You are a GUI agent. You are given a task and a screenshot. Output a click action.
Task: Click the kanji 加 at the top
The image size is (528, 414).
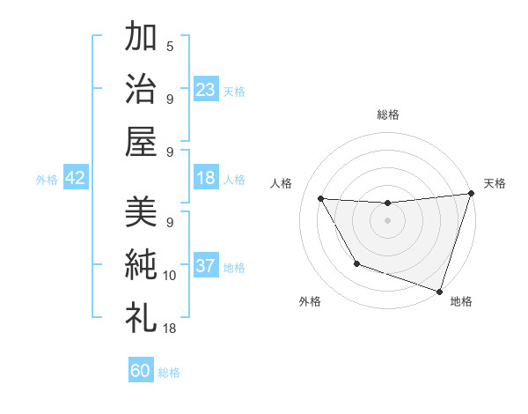pyautogui.click(x=141, y=37)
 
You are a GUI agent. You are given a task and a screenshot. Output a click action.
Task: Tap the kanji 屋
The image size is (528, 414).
pyautogui.click(x=141, y=141)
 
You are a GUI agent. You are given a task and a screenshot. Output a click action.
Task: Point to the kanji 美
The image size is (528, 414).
pyautogui.click(x=141, y=211)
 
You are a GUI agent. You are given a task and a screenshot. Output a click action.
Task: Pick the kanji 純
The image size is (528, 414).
pyautogui.click(x=141, y=264)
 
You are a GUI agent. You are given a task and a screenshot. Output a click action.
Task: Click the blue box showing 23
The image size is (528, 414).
pyautogui.click(x=206, y=90)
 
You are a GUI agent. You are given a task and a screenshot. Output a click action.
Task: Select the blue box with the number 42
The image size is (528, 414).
pyautogui.click(x=76, y=178)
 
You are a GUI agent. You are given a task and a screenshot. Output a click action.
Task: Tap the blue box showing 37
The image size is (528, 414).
pyautogui.click(x=206, y=266)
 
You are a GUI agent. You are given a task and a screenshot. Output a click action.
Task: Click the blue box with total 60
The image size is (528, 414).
pyautogui.click(x=141, y=371)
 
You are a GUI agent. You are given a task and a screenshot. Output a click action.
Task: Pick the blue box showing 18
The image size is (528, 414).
pyautogui.click(x=206, y=178)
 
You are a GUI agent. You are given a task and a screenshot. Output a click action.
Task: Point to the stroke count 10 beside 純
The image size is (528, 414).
pyautogui.click(x=170, y=276)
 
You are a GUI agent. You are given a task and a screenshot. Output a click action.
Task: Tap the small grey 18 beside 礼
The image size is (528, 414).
pyautogui.click(x=170, y=329)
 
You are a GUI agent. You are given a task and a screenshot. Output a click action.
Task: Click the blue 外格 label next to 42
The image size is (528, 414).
pyautogui.click(x=47, y=180)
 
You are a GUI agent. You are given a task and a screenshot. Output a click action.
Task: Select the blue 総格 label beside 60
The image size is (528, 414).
pyautogui.click(x=169, y=373)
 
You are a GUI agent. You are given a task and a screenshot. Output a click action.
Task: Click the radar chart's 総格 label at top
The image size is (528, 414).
pyautogui.click(x=387, y=115)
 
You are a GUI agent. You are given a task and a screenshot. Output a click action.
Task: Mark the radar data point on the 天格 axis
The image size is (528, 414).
pyautogui.click(x=471, y=194)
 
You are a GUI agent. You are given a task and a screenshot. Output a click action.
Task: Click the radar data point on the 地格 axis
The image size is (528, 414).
pyautogui.click(x=439, y=291)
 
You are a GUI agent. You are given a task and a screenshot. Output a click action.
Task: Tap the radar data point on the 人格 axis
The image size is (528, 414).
pyautogui.click(x=320, y=198)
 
